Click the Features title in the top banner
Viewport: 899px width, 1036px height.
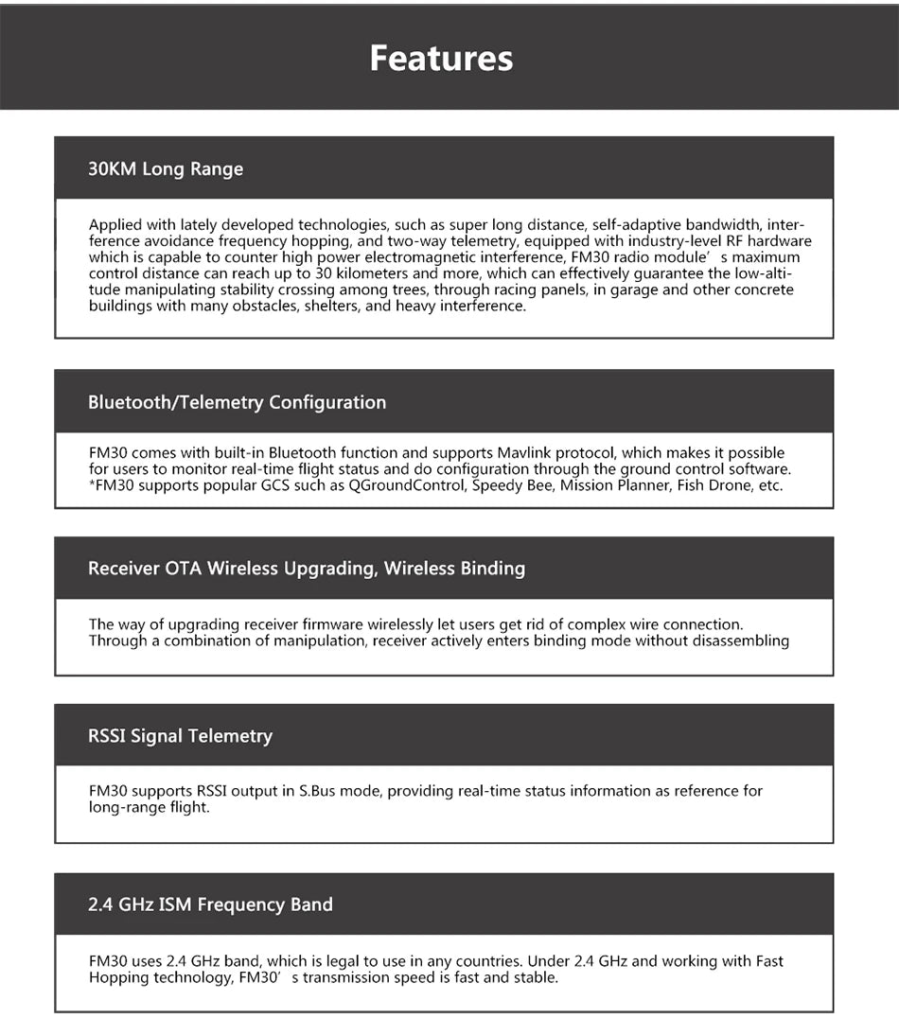tap(441, 58)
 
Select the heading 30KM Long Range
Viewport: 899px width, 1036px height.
tap(166, 169)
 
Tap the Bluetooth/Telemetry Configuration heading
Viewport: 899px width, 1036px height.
tap(237, 402)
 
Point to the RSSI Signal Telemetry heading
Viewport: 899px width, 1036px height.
tap(180, 736)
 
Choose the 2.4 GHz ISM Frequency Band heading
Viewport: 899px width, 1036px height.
tap(210, 904)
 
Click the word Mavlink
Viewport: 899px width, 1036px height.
tap(529, 453)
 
